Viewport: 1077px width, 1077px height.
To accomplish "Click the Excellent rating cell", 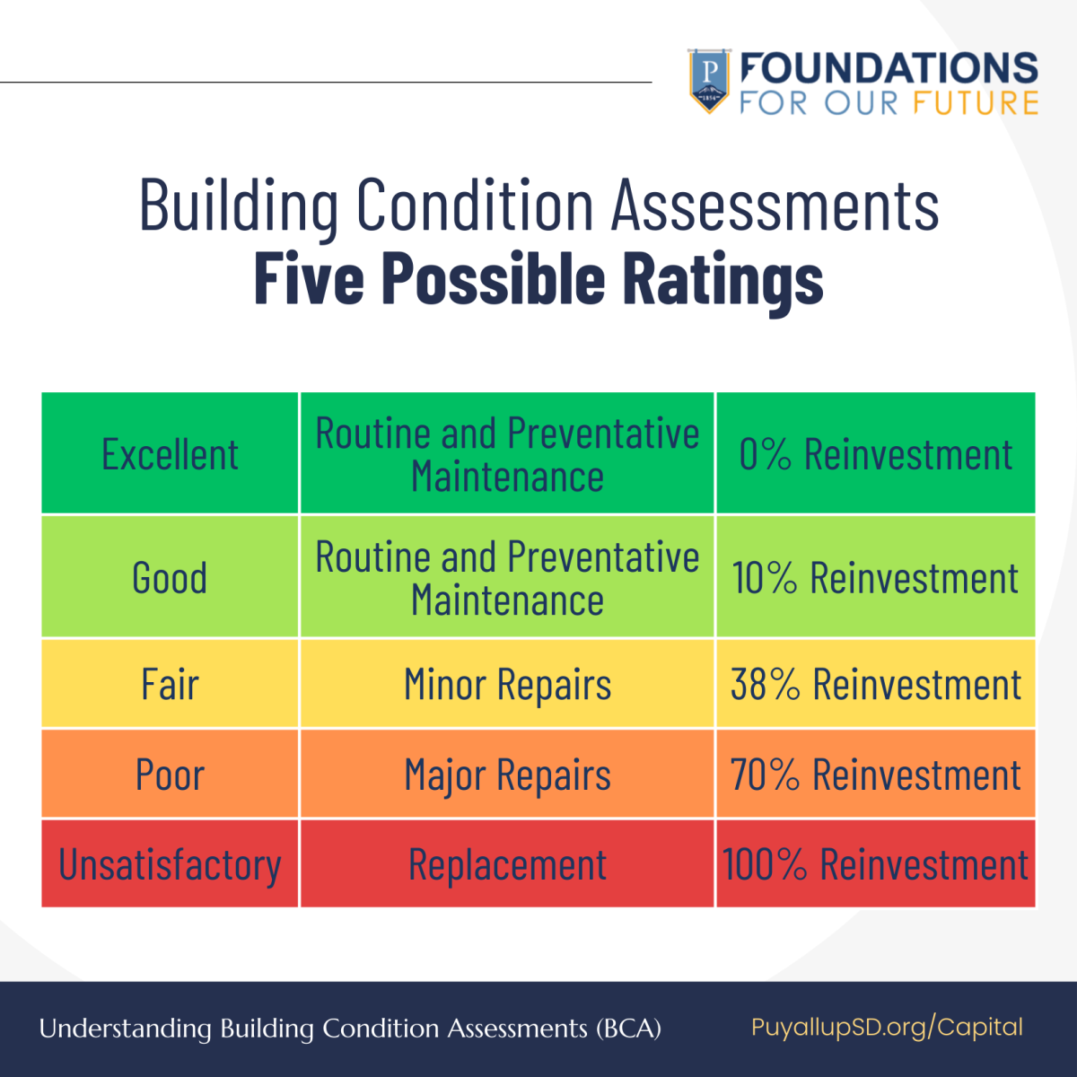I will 170,454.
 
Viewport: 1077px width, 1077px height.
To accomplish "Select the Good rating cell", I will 170,577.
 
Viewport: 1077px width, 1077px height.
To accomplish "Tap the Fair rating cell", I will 170,684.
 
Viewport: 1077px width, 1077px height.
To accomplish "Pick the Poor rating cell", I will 170,774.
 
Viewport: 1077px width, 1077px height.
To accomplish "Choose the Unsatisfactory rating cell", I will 170,864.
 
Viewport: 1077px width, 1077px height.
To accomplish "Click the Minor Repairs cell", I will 507,684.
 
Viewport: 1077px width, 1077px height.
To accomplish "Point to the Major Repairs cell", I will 507,774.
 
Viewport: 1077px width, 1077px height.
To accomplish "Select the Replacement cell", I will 507,864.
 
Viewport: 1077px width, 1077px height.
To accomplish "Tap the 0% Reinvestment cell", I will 875,454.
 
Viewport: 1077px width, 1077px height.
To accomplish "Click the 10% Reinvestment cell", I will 875,577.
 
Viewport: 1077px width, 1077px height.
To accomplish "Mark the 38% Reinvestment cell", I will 875,684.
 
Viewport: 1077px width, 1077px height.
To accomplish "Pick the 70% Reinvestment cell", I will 875,774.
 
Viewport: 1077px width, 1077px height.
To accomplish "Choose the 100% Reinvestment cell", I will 875,864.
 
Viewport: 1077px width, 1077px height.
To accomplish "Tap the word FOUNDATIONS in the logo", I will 889,68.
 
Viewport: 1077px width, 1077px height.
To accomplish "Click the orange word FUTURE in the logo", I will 976,102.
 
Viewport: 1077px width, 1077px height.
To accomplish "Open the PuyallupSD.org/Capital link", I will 887,1027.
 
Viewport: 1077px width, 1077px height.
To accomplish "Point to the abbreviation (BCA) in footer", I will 628,1028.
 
